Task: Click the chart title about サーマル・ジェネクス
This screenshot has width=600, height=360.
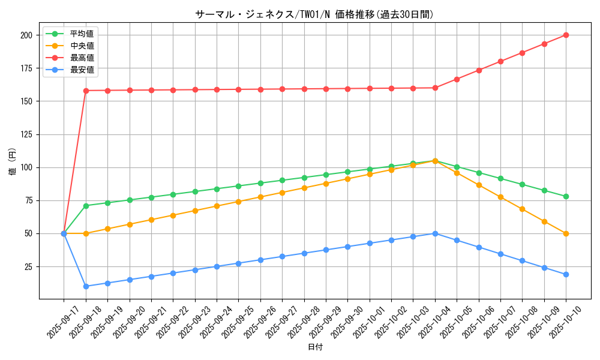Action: pos(314,14)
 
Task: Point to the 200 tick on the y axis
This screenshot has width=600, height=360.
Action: pos(26,35)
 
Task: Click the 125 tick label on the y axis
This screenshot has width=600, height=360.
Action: pos(26,134)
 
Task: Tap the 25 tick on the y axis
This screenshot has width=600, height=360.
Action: pos(28,266)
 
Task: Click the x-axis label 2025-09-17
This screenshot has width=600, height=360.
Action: pos(56,323)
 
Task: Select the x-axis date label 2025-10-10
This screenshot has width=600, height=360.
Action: pos(558,323)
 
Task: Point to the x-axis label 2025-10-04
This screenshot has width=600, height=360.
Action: pos(427,323)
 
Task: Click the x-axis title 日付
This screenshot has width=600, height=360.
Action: pos(315,347)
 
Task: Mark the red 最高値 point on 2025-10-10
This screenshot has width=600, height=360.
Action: pos(566,35)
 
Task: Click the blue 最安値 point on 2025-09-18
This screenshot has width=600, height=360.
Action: pos(86,286)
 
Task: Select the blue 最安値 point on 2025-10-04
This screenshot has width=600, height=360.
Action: pos(435,233)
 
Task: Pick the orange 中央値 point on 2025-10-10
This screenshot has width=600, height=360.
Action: pos(566,233)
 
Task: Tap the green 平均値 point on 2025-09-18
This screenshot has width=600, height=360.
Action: pos(86,206)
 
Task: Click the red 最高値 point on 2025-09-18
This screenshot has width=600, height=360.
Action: pos(86,91)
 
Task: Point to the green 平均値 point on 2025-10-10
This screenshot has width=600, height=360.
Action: pos(566,196)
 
